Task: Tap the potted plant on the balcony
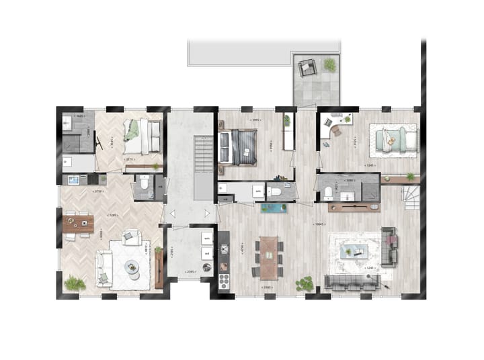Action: coord(329,64)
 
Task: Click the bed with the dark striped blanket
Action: coord(239,146)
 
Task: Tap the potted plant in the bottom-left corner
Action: coord(74,283)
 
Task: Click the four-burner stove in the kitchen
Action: coord(223,280)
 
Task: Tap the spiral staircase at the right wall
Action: coord(409,195)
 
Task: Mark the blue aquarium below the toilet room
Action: coord(274,208)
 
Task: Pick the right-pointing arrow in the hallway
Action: coord(208,214)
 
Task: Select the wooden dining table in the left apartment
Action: coord(78,224)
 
